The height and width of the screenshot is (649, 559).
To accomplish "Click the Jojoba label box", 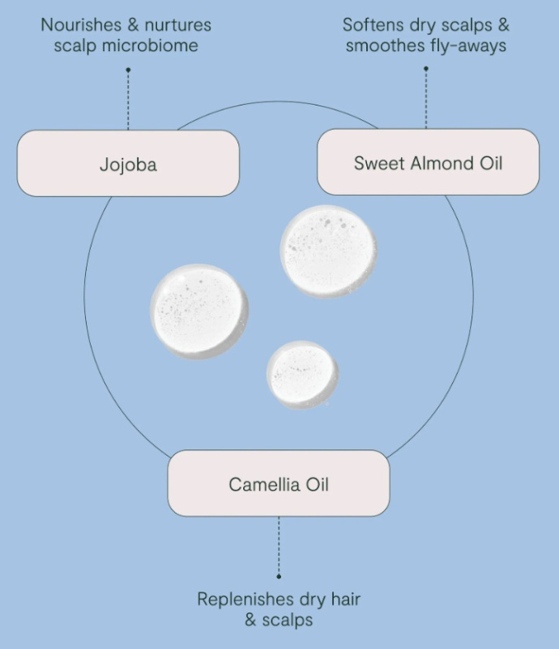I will (x=128, y=164).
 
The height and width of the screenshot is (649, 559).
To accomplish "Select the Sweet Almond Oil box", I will (x=428, y=162).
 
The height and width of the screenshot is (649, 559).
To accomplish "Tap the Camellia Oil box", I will (x=278, y=484).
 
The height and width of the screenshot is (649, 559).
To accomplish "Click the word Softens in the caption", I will (x=373, y=24).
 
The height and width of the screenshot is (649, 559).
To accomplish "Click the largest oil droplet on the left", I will (x=199, y=312).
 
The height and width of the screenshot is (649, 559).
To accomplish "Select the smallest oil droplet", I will (x=302, y=374).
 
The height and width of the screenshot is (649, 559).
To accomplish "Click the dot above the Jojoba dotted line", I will (x=128, y=70).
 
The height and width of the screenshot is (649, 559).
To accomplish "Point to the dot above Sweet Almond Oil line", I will (x=426, y=69).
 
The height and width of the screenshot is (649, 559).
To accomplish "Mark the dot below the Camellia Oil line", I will (x=279, y=576).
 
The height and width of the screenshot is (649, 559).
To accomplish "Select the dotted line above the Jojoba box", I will (x=128, y=101).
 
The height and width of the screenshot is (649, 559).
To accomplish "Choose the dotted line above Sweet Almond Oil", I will (x=426, y=99).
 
